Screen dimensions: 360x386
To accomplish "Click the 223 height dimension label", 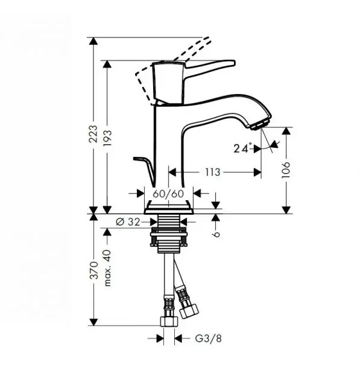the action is pos(93,134).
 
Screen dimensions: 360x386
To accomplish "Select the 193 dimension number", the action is pos(107,138).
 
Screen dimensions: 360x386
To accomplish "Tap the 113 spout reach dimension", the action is pos(213,172).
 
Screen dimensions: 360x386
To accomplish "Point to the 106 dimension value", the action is pos(286,170).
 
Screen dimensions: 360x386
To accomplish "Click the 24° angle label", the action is pos(243,148).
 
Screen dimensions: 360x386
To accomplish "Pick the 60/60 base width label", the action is pos(168,194).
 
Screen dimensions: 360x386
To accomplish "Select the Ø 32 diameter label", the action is pos(128,222).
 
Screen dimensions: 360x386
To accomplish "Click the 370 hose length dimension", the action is pos(93,270).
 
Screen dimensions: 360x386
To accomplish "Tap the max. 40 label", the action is pos(107,268).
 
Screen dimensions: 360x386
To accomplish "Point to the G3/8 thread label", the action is pos(208,338).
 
